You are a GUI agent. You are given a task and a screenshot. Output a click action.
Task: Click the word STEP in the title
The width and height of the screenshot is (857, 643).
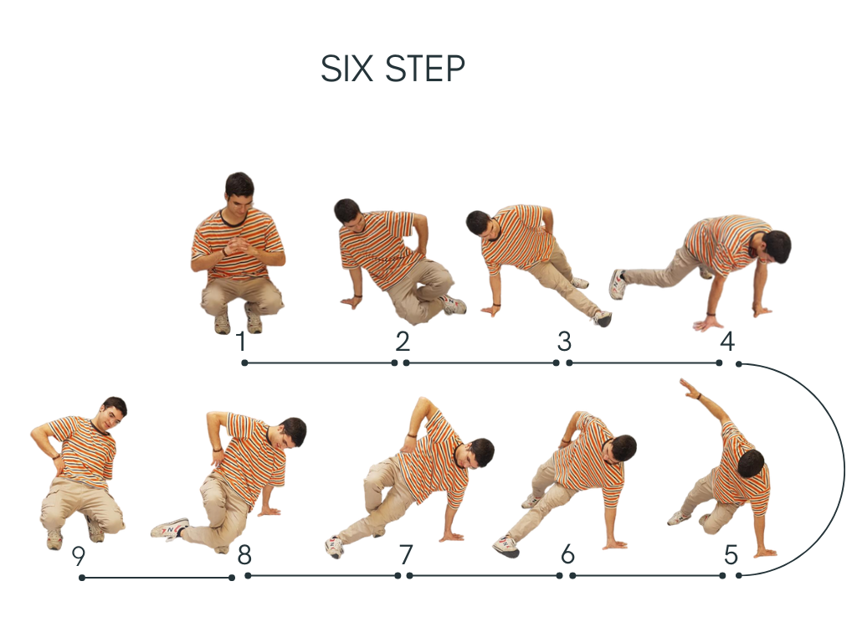coord(425,69)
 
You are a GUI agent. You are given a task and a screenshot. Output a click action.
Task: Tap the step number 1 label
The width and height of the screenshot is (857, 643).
coord(241,342)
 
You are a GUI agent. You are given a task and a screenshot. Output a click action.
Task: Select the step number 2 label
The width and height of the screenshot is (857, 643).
coord(403,342)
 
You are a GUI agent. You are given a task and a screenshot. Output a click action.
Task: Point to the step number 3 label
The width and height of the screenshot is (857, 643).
coord(564,342)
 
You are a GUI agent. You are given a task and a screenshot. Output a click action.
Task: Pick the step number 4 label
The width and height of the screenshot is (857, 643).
coord(727,342)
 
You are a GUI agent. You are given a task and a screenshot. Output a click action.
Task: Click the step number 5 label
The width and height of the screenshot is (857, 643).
coord(731,554)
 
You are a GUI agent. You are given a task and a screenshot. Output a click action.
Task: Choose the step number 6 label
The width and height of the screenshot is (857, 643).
coord(568,554)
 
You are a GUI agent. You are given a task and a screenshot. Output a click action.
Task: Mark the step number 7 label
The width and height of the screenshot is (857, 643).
coord(406,554)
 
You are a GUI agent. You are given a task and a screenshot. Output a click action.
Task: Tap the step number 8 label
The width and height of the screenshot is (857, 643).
coord(244,554)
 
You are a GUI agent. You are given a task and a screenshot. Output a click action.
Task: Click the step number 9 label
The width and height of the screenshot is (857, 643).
coord(79,556)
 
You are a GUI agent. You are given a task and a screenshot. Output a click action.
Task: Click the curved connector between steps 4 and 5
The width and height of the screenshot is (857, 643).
coord(844,469)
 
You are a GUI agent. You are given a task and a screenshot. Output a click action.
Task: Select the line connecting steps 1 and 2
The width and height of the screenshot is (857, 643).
coord(319,363)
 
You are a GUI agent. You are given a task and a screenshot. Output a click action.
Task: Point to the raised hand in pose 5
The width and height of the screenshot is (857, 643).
coord(690,389)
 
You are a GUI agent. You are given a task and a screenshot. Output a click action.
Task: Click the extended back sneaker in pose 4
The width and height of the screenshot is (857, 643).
coord(618,283)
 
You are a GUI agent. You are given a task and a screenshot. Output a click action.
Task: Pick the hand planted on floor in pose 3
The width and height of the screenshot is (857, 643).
coord(491,310)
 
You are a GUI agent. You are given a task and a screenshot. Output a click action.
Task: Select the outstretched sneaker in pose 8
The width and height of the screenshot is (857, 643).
coord(169,528)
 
